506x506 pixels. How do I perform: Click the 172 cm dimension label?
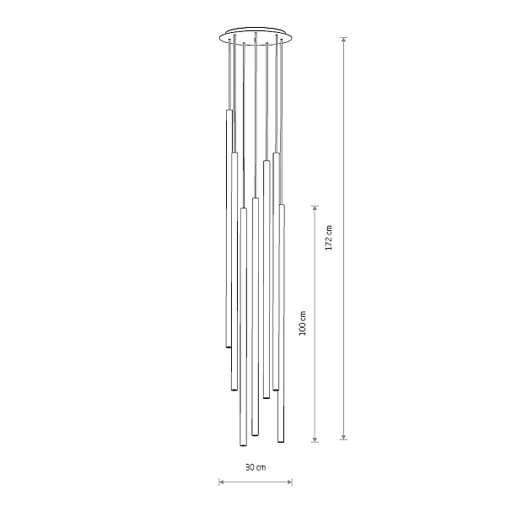pyautogui.click(x=329, y=238)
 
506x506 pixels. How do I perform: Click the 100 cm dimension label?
pyautogui.click(x=303, y=323)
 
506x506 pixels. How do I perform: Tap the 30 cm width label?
pyautogui.click(x=256, y=467)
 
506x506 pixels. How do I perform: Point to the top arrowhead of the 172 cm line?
pyautogui.click(x=344, y=40)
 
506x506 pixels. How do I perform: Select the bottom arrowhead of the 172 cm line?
pyautogui.click(x=344, y=436)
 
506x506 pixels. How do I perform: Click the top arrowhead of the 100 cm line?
pyautogui.click(x=315, y=208)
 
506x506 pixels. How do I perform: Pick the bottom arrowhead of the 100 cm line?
pyautogui.click(x=315, y=439)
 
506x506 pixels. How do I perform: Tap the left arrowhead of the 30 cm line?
pyautogui.click(x=222, y=482)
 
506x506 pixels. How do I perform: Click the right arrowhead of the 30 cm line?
pyautogui.click(x=289, y=482)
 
